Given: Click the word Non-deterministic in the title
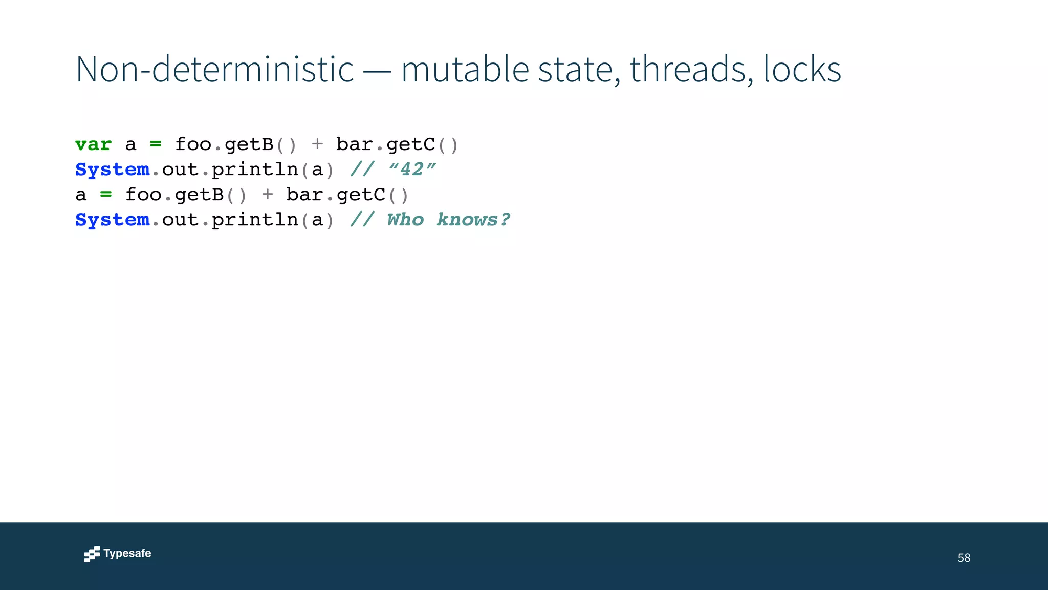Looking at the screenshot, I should pyautogui.click(x=214, y=69).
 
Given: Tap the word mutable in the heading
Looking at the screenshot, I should pyautogui.click(x=465, y=69).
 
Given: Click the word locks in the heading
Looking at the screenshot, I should pyautogui.click(x=802, y=69).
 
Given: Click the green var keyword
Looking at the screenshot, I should pyautogui.click(x=93, y=145).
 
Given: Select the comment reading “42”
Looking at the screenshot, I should pyautogui.click(x=412, y=170).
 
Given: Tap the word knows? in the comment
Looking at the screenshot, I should pyautogui.click(x=473, y=220).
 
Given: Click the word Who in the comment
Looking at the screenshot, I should pyautogui.click(x=405, y=220).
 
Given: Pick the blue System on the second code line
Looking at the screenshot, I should pyautogui.click(x=112, y=170).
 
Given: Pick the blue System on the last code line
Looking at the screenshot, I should pyautogui.click(x=112, y=220).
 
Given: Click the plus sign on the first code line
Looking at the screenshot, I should pyautogui.click(x=317, y=144).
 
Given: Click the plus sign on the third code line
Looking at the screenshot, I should pyautogui.click(x=267, y=195).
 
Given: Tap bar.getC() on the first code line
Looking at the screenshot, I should pyautogui.click(x=397, y=145).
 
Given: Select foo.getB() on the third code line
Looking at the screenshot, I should pyautogui.click(x=186, y=195).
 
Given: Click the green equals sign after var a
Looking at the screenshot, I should pyautogui.click(x=156, y=145).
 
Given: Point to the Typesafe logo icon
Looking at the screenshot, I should pyautogui.click(x=92, y=554).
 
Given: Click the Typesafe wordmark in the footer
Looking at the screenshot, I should pyautogui.click(x=127, y=554).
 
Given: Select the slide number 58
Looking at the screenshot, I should pyautogui.click(x=964, y=558).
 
